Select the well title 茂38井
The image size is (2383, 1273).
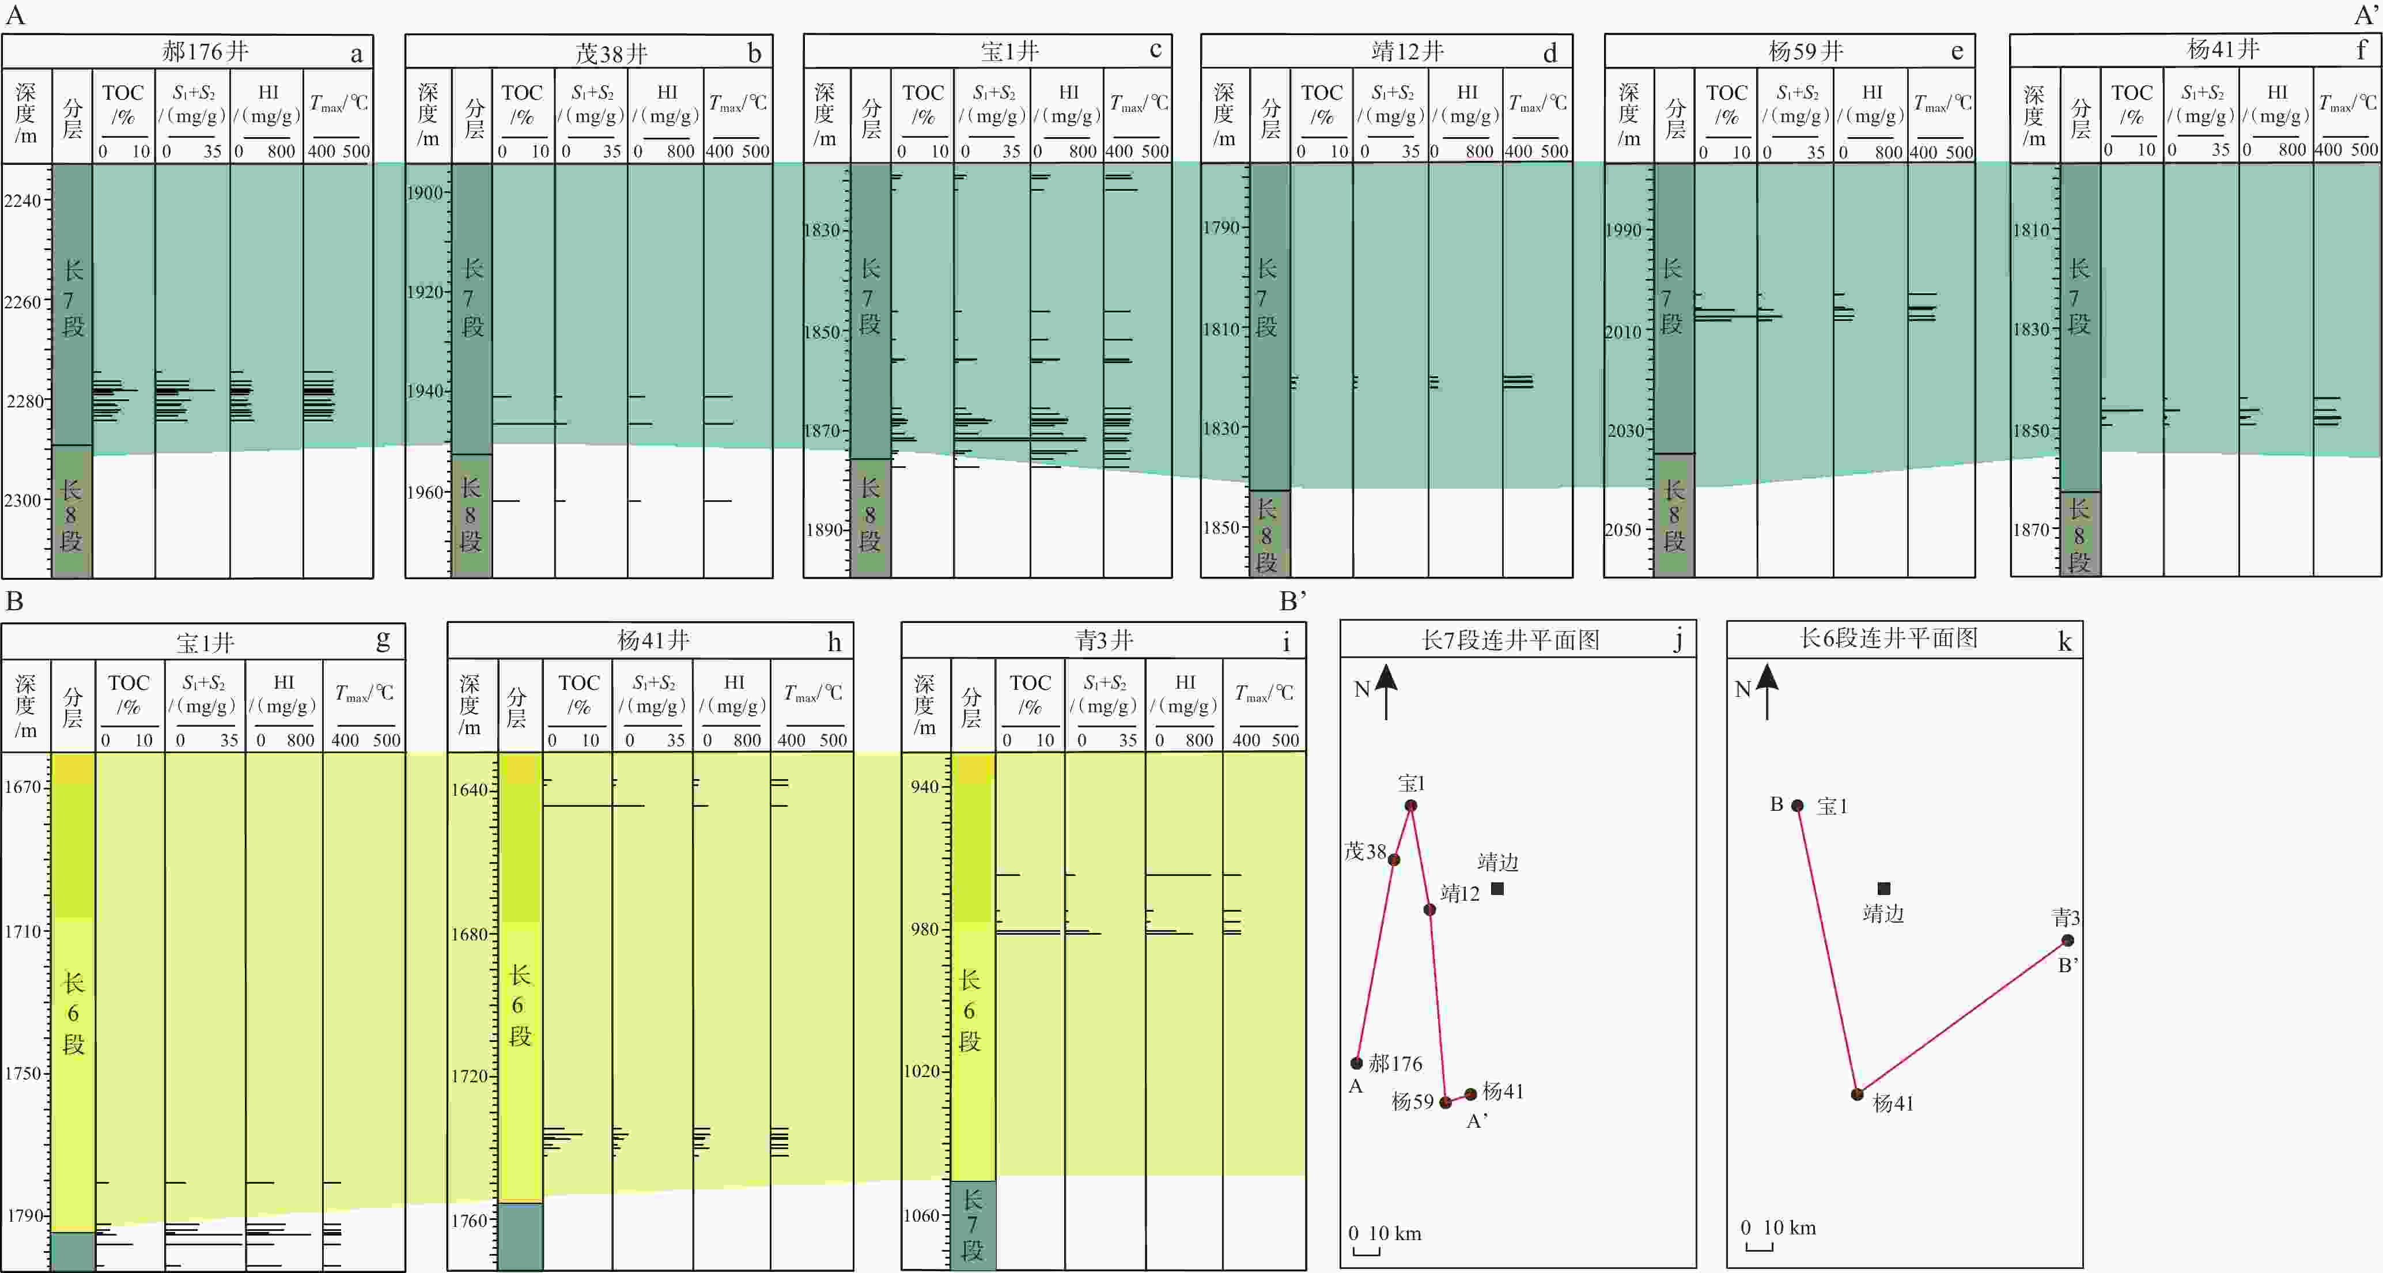pyautogui.click(x=611, y=53)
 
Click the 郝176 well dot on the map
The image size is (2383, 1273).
pyautogui.click(x=1357, y=1063)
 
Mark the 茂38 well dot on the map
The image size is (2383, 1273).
pyautogui.click(x=1394, y=859)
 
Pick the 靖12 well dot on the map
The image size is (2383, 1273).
pyautogui.click(x=1429, y=909)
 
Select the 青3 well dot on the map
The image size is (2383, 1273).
pyautogui.click(x=2067, y=941)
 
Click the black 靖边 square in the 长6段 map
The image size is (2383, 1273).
pyautogui.click(x=1883, y=888)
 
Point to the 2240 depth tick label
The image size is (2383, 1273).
pyautogui.click(x=23, y=201)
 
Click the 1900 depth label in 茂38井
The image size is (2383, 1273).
pyautogui.click(x=425, y=192)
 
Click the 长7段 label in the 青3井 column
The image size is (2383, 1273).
pyautogui.click(x=972, y=1225)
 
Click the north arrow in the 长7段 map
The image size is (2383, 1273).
pyautogui.click(x=1386, y=692)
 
